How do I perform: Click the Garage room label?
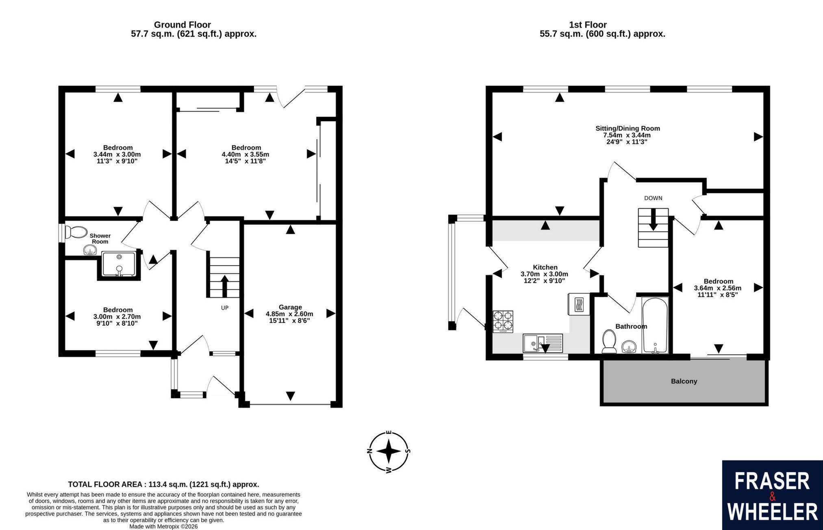click(290, 307)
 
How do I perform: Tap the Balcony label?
click(684, 381)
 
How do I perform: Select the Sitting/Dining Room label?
click(628, 128)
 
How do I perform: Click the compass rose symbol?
click(389, 452)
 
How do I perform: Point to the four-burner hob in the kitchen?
click(503, 322)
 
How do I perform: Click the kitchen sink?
click(543, 343)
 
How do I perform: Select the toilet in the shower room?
click(76, 233)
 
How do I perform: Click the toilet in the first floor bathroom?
click(609, 341)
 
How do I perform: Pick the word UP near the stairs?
click(225, 308)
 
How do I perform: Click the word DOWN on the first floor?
click(653, 198)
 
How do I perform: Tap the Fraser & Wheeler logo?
click(772, 495)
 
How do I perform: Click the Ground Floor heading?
click(182, 25)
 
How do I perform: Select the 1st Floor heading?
click(588, 25)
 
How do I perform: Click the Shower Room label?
click(100, 238)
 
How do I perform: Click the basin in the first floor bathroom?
click(629, 347)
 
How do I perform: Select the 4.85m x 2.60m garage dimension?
click(289, 314)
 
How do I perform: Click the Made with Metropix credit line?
click(163, 526)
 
